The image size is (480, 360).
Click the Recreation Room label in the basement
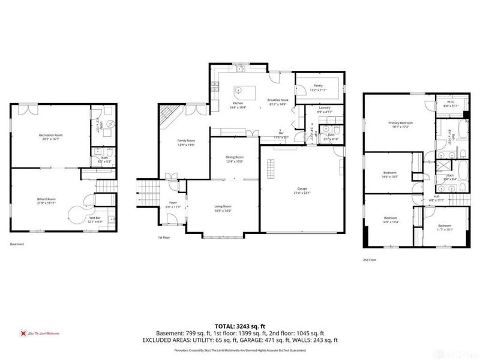click(x=50, y=136)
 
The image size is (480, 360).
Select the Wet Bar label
click(x=95, y=219)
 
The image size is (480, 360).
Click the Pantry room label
click(x=318, y=86)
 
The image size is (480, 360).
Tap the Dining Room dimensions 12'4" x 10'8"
click(x=235, y=161)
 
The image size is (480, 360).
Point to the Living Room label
click(x=223, y=206)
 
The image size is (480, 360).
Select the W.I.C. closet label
click(x=451, y=101)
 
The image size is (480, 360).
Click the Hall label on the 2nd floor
click(x=436, y=196)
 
